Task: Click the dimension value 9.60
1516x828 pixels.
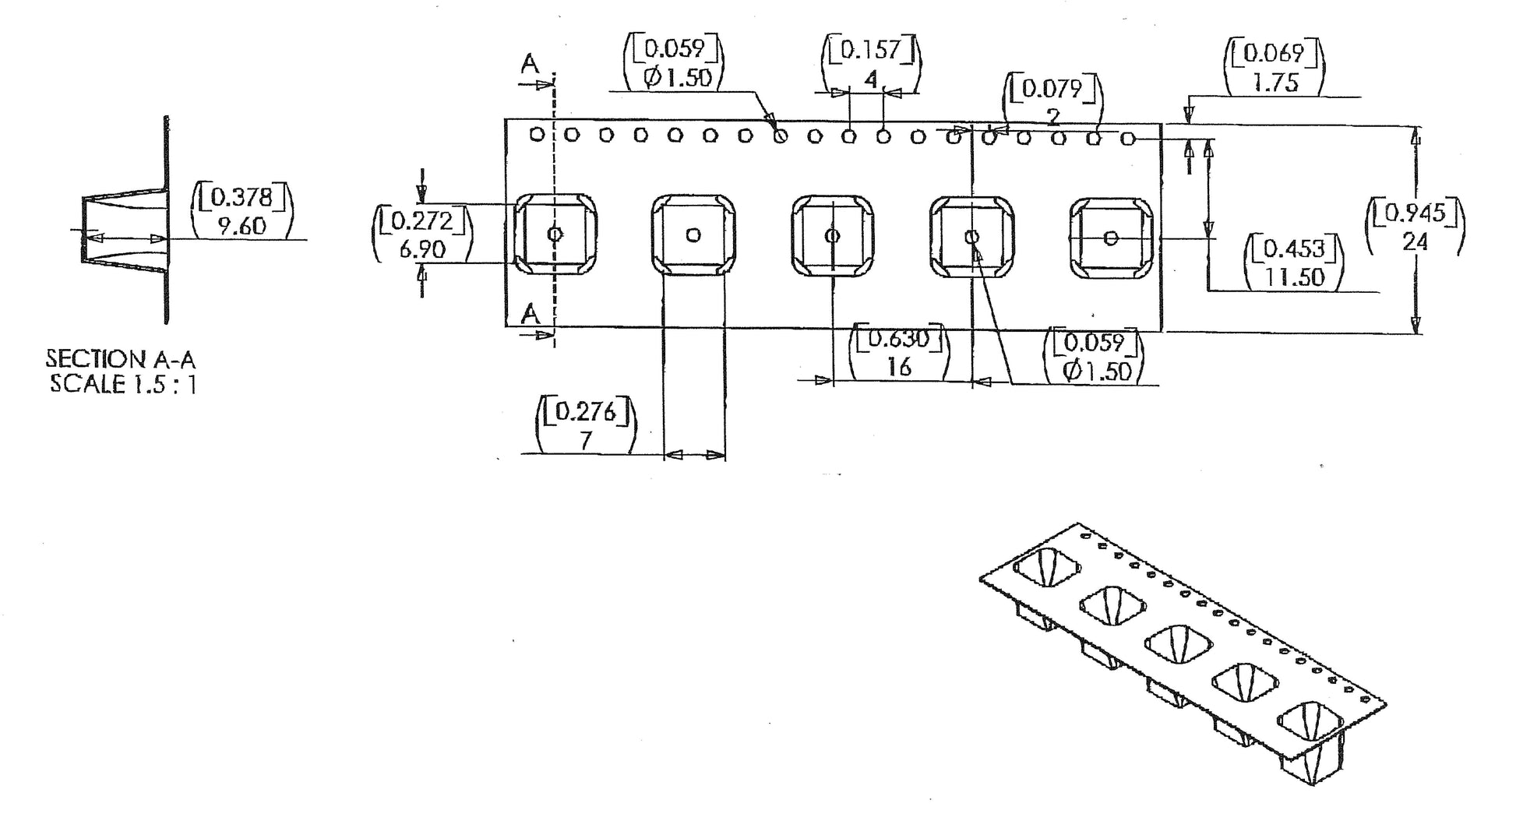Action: pyautogui.click(x=242, y=227)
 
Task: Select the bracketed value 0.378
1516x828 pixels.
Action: pyautogui.click(x=242, y=197)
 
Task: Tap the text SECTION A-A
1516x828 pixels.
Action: pyautogui.click(x=120, y=359)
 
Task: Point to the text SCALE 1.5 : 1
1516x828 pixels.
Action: pyautogui.click(x=123, y=384)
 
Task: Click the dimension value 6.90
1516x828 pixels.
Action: pyautogui.click(x=422, y=250)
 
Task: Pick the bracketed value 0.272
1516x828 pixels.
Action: pyautogui.click(x=422, y=221)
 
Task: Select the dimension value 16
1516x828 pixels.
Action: pyautogui.click(x=899, y=367)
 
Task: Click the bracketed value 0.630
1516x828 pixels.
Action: pyautogui.click(x=899, y=339)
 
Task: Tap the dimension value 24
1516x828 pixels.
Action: pyautogui.click(x=1415, y=242)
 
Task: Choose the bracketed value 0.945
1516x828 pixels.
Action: pyautogui.click(x=1415, y=213)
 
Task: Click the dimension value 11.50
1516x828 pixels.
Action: pyautogui.click(x=1295, y=277)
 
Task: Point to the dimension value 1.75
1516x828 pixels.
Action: pyautogui.click(x=1275, y=83)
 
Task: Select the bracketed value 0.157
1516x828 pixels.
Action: pyautogui.click(x=871, y=51)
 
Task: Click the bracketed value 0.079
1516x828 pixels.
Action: pyautogui.click(x=1052, y=89)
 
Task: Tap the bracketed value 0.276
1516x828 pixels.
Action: pyautogui.click(x=586, y=411)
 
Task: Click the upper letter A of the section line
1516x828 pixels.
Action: pyautogui.click(x=531, y=65)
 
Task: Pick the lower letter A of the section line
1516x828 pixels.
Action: pyautogui.click(x=531, y=315)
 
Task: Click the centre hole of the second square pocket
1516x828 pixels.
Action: pyautogui.click(x=693, y=234)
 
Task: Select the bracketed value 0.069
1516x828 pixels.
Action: pyautogui.click(x=1274, y=53)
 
